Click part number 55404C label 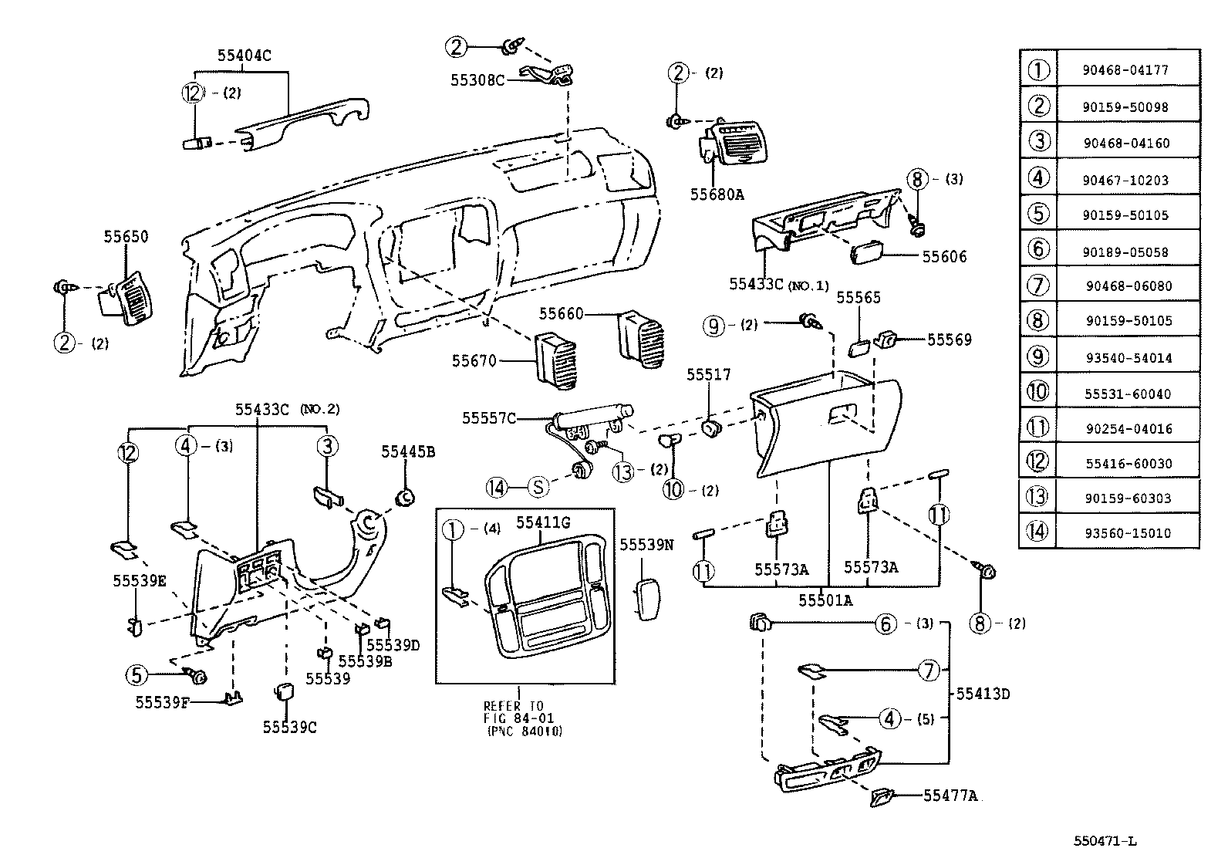pos(244,56)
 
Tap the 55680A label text pos(717,195)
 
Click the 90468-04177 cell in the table pos(1125,69)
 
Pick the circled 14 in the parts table pos(1037,532)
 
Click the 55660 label pos(561,313)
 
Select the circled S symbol pos(538,487)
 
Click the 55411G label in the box pos(542,523)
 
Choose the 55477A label pos(950,796)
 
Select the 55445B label pos(407,452)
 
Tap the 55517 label pos(708,374)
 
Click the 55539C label pos(289,727)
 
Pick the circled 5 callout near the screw pos(137,676)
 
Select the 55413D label pos(983,693)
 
